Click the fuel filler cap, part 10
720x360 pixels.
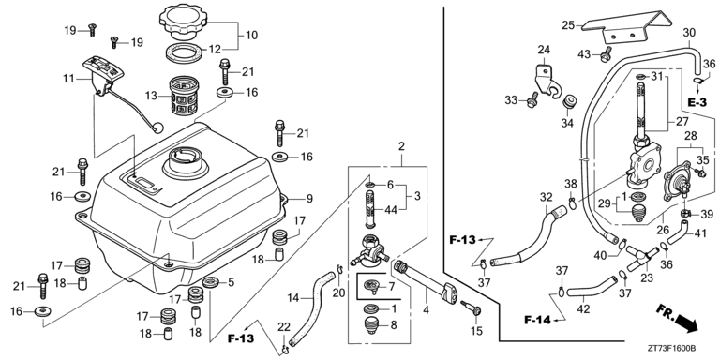point(184,22)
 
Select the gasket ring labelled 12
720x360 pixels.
point(185,53)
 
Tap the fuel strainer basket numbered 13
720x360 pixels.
point(184,96)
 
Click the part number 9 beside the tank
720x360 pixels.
point(309,199)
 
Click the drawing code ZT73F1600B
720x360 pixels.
point(672,349)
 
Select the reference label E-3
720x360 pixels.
point(697,103)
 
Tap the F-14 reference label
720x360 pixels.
point(537,320)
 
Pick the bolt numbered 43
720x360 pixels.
point(607,53)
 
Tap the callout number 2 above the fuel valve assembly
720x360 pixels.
point(401,147)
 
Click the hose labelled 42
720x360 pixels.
point(592,287)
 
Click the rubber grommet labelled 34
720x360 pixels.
point(570,102)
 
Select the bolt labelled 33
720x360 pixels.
point(532,99)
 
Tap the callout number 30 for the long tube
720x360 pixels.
point(689,33)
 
